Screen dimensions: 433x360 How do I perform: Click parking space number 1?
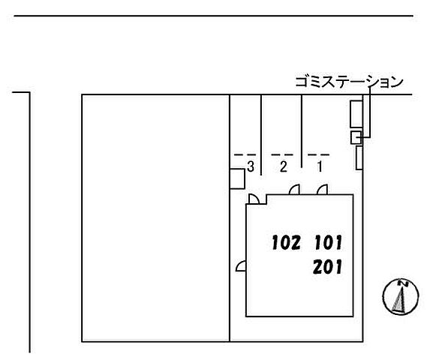[320, 166]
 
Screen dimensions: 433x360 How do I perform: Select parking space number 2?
[284, 166]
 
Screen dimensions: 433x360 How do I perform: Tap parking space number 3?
[251, 166]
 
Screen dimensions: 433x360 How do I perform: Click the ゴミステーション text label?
[349, 82]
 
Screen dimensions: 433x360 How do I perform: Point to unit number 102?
[286, 242]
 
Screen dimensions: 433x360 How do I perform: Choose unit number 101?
[328, 242]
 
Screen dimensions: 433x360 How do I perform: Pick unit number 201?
[328, 267]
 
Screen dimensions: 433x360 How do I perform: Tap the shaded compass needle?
[399, 300]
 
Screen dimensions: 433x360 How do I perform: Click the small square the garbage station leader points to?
[356, 137]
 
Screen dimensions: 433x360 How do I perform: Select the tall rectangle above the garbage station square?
[356, 114]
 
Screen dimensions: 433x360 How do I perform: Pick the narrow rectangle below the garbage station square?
[359, 157]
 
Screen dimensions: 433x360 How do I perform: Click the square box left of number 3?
[237, 179]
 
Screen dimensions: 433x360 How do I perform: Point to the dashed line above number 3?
[245, 155]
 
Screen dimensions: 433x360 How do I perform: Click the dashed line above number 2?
[282, 155]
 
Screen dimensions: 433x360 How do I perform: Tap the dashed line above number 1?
[319, 155]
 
